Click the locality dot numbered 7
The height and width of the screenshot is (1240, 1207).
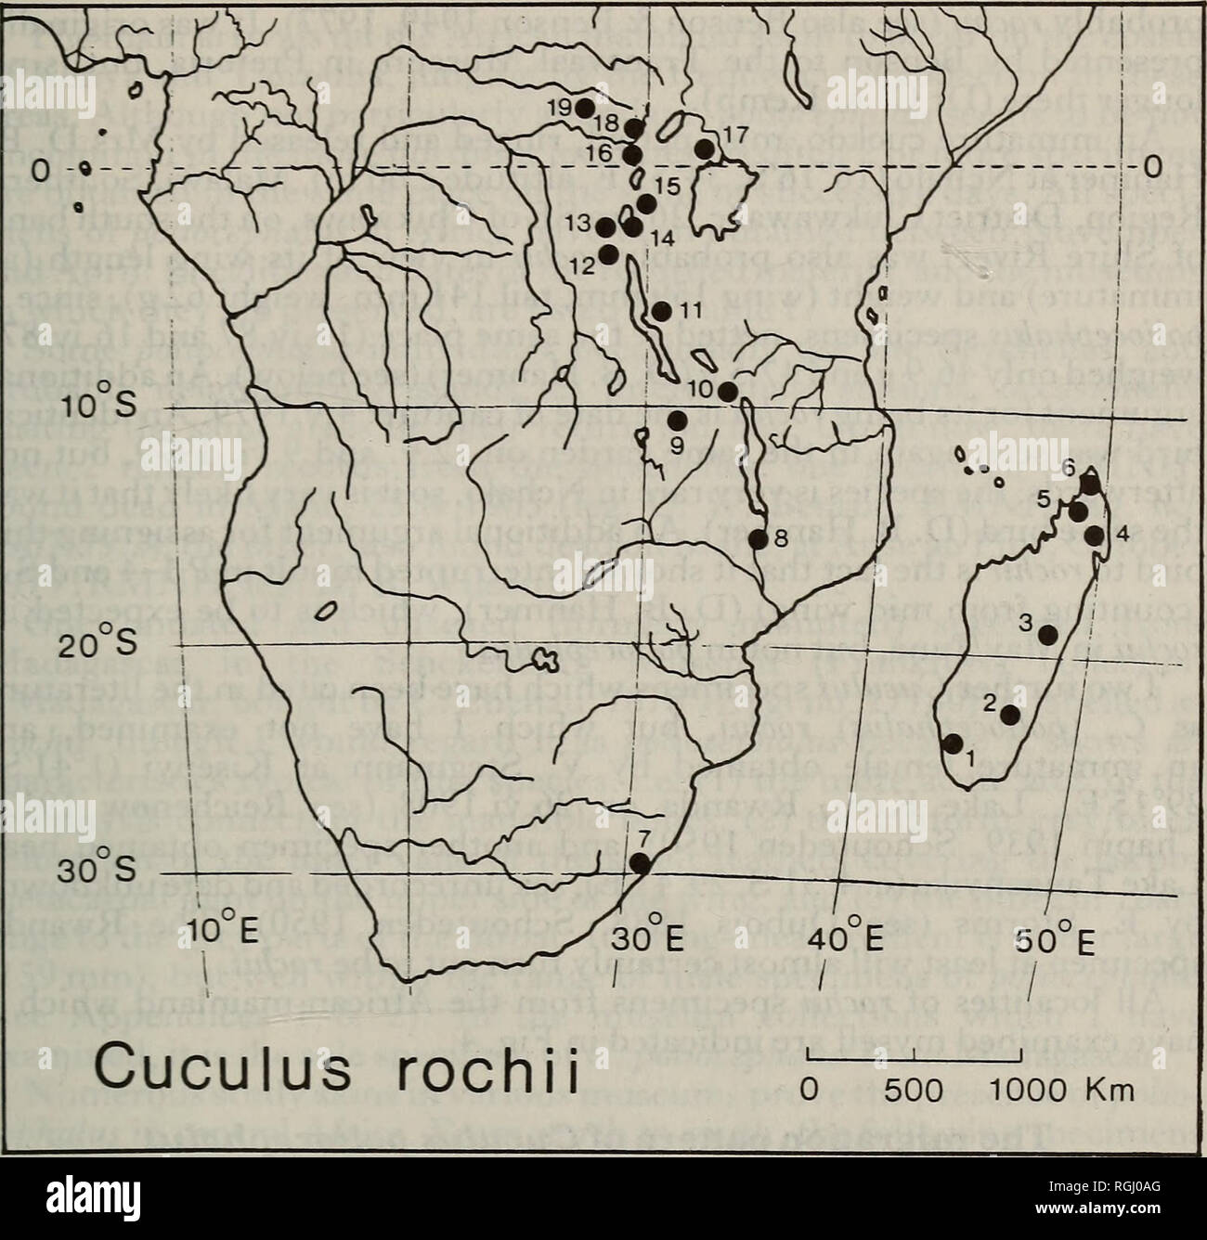(x=640, y=862)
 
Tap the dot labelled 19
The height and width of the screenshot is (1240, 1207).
(x=585, y=108)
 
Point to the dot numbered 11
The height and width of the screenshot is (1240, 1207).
(x=662, y=312)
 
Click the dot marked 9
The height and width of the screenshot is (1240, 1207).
(x=677, y=420)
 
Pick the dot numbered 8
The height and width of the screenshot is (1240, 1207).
(x=758, y=538)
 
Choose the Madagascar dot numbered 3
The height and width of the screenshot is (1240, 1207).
(x=1048, y=635)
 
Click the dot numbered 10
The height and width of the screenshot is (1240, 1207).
(x=728, y=392)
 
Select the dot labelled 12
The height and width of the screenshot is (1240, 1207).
(x=609, y=252)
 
